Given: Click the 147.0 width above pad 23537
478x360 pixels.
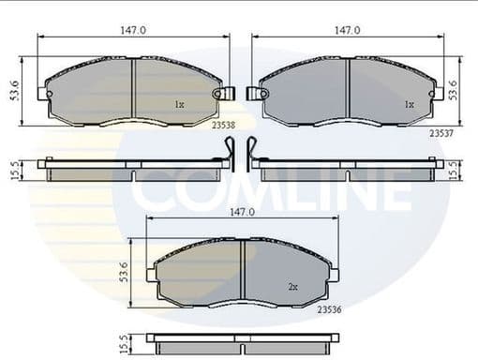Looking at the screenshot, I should [349, 30].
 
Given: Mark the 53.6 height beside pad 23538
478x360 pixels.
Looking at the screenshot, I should [14, 91].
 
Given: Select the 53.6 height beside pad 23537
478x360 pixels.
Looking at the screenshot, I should [455, 91].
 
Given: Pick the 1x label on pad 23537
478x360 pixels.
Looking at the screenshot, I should [408, 105].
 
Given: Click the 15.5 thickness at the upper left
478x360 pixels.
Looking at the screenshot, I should [14, 169].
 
